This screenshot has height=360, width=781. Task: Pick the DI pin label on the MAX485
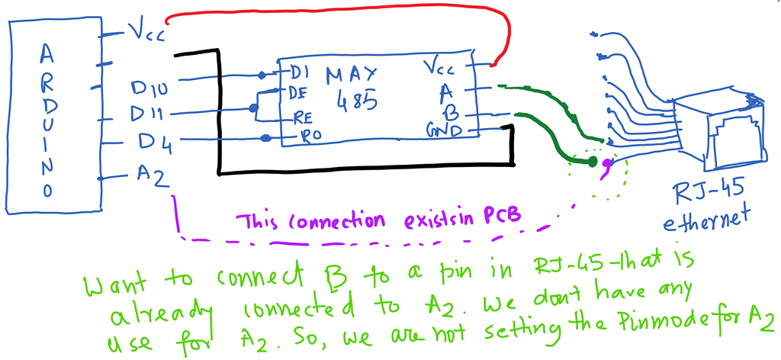[x=297, y=73]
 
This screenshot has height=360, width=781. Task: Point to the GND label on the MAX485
[x=444, y=133]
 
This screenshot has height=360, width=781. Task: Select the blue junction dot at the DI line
[x=262, y=75]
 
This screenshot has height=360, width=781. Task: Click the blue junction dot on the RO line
[x=266, y=138]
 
